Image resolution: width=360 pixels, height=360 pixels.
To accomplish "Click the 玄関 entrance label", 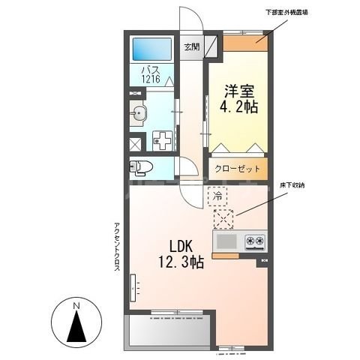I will tap(192, 46).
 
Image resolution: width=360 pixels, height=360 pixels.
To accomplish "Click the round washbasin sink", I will tap(139, 115).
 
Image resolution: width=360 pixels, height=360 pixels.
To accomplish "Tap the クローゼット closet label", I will tap(239, 169).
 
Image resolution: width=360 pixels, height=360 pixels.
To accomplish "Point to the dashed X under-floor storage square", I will tap(223, 219).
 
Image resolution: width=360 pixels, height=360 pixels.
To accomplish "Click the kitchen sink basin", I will tap(226, 241).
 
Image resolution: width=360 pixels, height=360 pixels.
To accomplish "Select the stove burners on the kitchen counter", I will tap(255, 241).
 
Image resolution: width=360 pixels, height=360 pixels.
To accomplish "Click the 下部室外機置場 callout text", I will tap(308, 13).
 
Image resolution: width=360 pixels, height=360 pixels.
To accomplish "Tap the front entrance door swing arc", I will tap(187, 22).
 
